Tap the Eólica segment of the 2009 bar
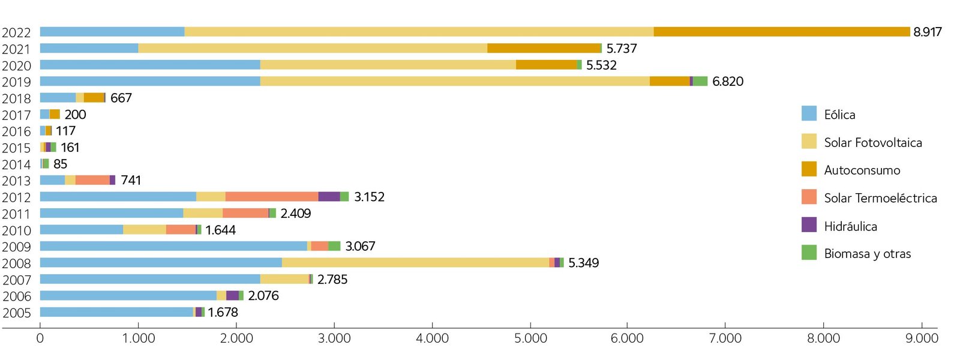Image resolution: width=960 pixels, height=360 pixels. click(173, 246)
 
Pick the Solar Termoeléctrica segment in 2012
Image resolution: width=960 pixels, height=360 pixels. click(272, 197)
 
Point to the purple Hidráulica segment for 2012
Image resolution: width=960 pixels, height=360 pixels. click(329, 197)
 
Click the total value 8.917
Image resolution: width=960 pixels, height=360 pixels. click(927, 32)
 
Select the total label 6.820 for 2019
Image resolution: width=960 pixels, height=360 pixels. click(727, 82)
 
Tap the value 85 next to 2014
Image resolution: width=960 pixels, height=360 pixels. click(60, 164)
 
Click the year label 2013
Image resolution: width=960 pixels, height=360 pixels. click(16, 181)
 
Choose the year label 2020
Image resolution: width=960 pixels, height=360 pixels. click(16, 65)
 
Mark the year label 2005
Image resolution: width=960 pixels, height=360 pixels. click(16, 313)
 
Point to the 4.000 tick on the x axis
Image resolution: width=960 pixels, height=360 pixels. click(432, 338)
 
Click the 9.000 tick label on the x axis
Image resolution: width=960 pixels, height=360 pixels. click(922, 338)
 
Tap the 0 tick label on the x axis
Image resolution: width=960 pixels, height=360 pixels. click(40, 338)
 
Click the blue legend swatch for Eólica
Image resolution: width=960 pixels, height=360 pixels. click(809, 113)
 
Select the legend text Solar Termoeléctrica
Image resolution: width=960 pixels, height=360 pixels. click(880, 198)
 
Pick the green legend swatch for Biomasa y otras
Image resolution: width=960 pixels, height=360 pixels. click(809, 253)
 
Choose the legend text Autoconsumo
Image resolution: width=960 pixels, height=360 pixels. click(862, 170)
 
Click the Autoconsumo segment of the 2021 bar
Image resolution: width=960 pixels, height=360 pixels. click(544, 49)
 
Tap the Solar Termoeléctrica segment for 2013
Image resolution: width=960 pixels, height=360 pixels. click(92, 180)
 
